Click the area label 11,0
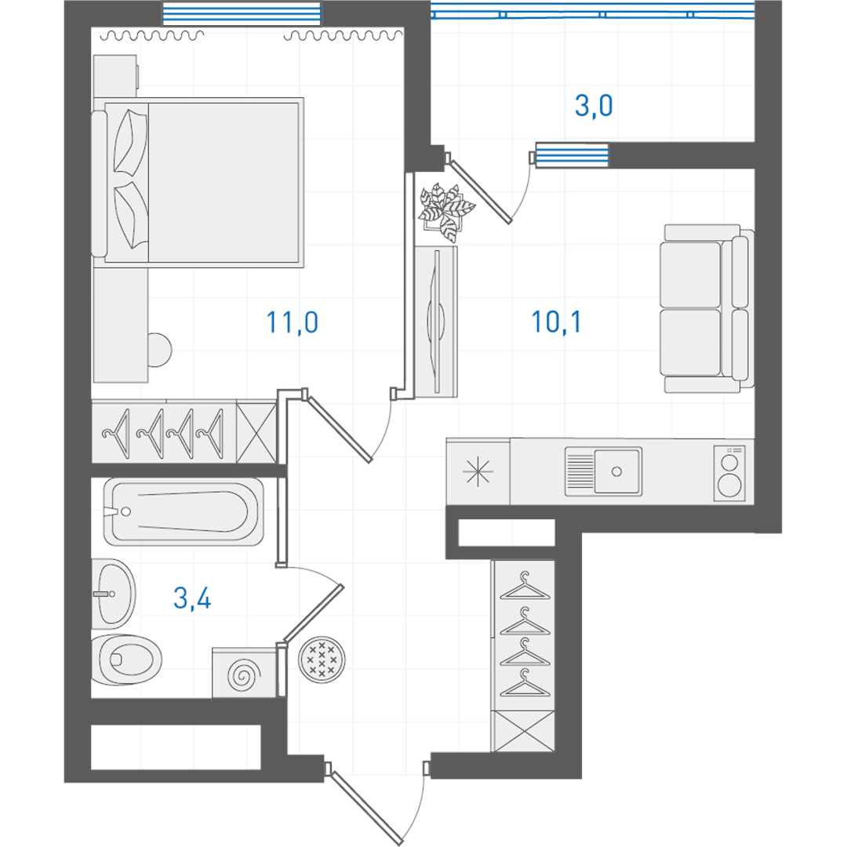293,322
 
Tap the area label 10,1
556,322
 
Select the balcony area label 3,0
594,105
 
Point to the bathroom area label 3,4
192,598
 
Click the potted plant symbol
445,212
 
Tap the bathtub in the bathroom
184,511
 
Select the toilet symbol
126,660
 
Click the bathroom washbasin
114,594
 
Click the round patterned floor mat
322,660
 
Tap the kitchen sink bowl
618,471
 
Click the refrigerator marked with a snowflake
478,471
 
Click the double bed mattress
223,183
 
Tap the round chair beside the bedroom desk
159,351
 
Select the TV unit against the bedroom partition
436,322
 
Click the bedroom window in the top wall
242,13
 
